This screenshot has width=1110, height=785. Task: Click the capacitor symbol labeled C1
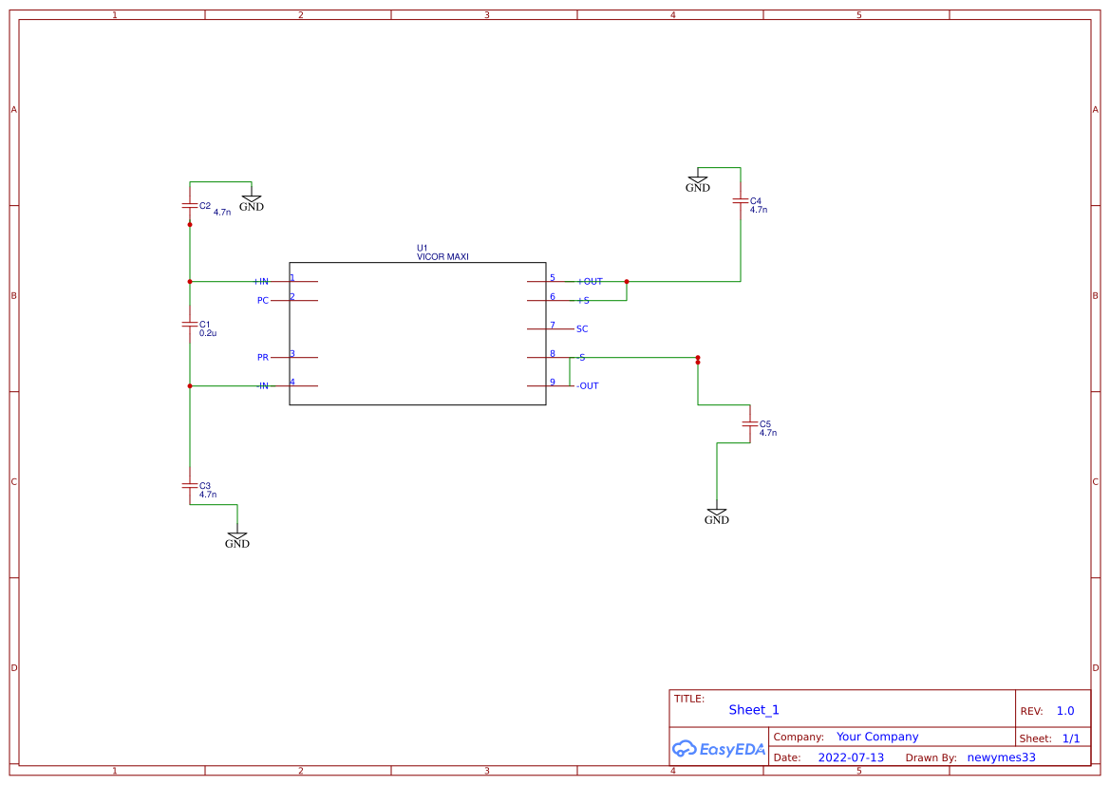190,324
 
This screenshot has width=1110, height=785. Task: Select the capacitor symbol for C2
190,205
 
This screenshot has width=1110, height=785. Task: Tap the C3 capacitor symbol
190,485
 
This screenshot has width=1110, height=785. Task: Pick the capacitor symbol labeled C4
741,201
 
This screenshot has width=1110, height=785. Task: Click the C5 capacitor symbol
750,423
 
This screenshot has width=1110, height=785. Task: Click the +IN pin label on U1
261,282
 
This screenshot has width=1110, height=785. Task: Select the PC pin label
263,301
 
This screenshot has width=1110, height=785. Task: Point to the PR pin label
263,358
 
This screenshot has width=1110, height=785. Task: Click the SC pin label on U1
582,329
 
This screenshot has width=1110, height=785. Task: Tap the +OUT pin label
590,282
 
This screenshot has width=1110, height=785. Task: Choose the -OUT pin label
588,386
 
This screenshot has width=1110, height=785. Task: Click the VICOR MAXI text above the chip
442,256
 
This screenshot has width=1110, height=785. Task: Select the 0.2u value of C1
208,334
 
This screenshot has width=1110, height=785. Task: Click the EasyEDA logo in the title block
718,749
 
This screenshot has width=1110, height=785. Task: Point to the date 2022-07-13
851,757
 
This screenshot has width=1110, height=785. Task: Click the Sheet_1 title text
754,710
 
